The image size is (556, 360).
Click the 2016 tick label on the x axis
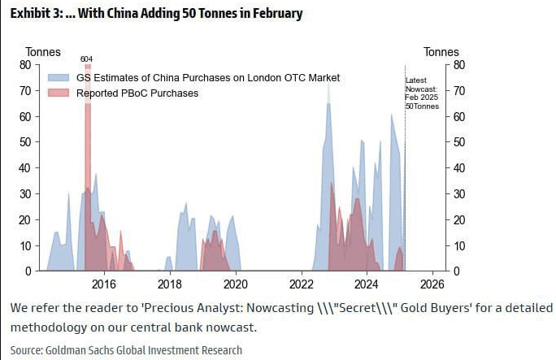click(x=103, y=284)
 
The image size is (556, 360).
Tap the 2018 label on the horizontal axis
click(x=169, y=284)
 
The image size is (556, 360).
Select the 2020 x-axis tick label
click(x=235, y=284)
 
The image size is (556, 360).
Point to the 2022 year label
click(x=302, y=284)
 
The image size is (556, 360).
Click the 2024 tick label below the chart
click(x=367, y=284)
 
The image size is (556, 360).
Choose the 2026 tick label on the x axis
click(x=433, y=284)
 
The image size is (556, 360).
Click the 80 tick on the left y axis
click(x=25, y=65)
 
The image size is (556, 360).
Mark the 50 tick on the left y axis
click(x=25, y=142)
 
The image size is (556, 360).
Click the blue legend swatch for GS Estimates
click(x=59, y=77)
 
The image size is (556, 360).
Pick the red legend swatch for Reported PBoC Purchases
click(x=59, y=93)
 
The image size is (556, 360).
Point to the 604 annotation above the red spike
click(x=86, y=59)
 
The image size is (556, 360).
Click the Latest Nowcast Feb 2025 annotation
click(x=422, y=93)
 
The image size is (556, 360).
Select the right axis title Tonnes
click(x=441, y=52)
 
